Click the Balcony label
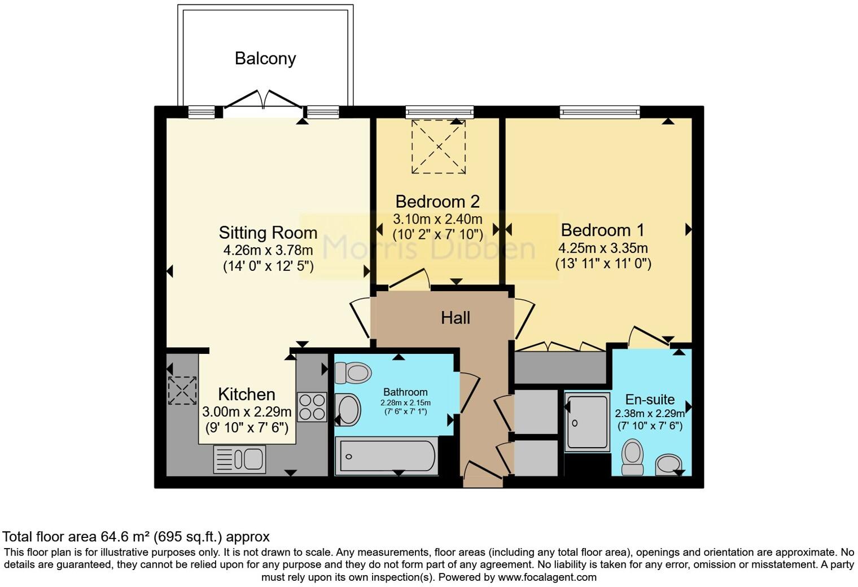(265, 59)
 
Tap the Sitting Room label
(268, 233)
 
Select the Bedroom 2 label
(437, 201)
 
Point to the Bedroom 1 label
(602, 230)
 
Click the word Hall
(456, 318)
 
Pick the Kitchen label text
(247, 394)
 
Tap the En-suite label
(650, 400)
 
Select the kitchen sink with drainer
(239, 459)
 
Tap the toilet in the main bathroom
(352, 373)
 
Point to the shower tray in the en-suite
(588, 422)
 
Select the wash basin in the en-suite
(669, 465)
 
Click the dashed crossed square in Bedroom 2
(439, 147)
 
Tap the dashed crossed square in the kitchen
(182, 391)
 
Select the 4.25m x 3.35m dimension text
(603, 248)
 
